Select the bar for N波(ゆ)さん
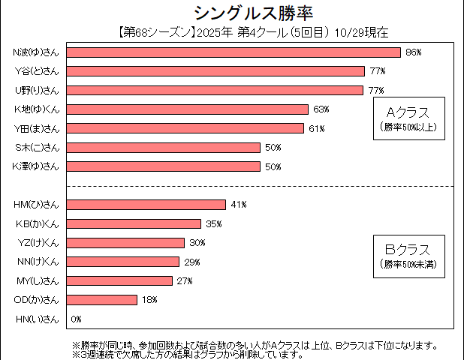[234, 52]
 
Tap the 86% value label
[413, 52]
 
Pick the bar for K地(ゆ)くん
[188, 109]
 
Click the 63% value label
[321, 109]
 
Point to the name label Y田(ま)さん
[37, 128]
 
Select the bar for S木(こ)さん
[164, 148]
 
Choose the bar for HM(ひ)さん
[146, 205]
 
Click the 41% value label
[239, 205]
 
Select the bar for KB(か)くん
[134, 223]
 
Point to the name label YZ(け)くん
[37, 242]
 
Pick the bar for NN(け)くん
[123, 262]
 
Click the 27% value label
[185, 281]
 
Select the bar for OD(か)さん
[102, 300]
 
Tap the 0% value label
[76, 319]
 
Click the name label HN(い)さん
[37, 319]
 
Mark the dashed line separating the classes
[225, 186]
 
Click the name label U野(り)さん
[37, 90]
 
